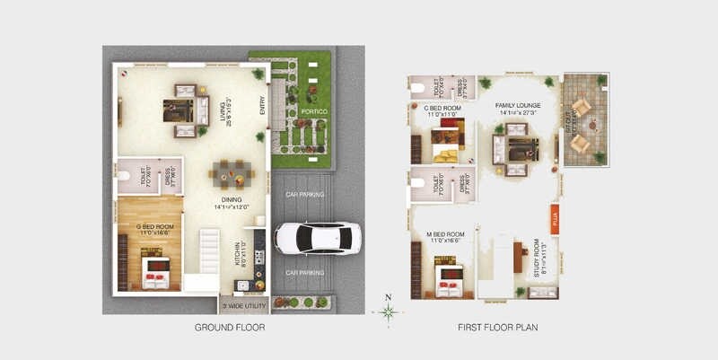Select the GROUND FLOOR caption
[230, 328]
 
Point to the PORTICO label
[313, 112]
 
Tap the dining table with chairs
[226, 172]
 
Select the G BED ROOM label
[154, 226]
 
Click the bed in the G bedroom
[156, 274]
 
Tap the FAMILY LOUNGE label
[518, 105]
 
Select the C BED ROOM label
[441, 107]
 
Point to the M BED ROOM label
[447, 236]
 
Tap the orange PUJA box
[555, 219]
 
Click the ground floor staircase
[208, 251]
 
